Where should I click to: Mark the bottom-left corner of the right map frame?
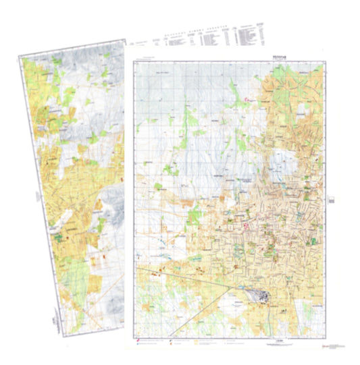[136, 336]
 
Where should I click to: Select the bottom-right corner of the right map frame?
[326, 336]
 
